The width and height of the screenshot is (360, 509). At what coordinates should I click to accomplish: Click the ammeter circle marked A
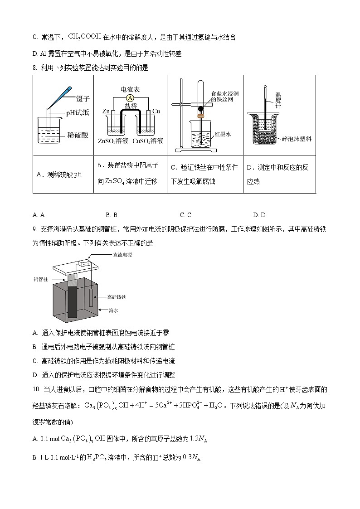coord(130,98)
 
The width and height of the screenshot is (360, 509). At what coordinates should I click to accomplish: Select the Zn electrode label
coord(106,111)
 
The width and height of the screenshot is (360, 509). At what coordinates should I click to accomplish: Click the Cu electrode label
coord(156,111)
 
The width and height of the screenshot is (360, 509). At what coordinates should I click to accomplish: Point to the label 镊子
coord(82,98)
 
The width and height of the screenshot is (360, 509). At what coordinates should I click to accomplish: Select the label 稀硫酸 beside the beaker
coord(78,135)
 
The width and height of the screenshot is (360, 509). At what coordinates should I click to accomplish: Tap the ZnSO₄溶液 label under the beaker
coord(113,141)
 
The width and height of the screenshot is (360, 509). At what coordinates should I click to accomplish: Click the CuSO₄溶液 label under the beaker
coord(148,141)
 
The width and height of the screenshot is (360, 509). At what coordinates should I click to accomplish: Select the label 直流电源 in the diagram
coord(122,255)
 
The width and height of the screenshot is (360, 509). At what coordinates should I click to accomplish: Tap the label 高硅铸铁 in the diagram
coord(117,297)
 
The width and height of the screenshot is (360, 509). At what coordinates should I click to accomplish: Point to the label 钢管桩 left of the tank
coord(41,280)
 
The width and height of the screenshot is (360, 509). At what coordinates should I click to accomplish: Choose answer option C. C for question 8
coord(185,215)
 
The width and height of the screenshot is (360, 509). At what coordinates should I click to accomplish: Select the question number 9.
coord(35,230)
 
